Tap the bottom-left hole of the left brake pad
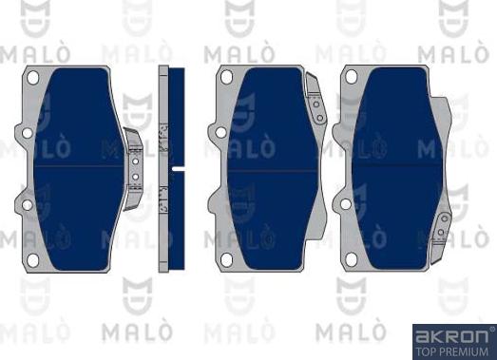point(31,258)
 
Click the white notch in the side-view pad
point(177,168)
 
